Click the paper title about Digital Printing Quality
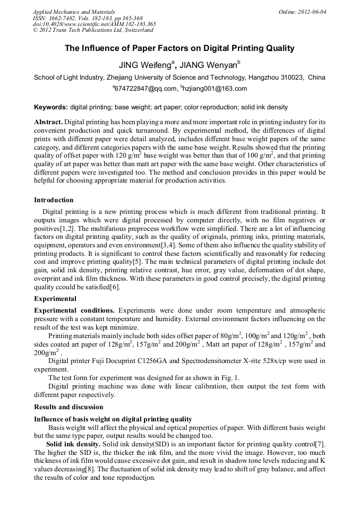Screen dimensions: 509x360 pos(179,48)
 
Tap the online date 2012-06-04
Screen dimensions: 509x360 pos(303,11)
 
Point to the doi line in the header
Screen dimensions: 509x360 pos(94,24)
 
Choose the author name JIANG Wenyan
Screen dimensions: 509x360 pos(209,66)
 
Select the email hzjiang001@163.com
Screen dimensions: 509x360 pos(215,89)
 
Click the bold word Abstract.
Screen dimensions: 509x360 pos(48,122)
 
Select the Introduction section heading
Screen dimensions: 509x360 pos(54,200)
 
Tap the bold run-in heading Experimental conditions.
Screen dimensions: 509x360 pos(74,309)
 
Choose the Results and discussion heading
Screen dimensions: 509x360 pos(68,407)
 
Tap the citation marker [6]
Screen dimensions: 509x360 pos(114,287)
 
